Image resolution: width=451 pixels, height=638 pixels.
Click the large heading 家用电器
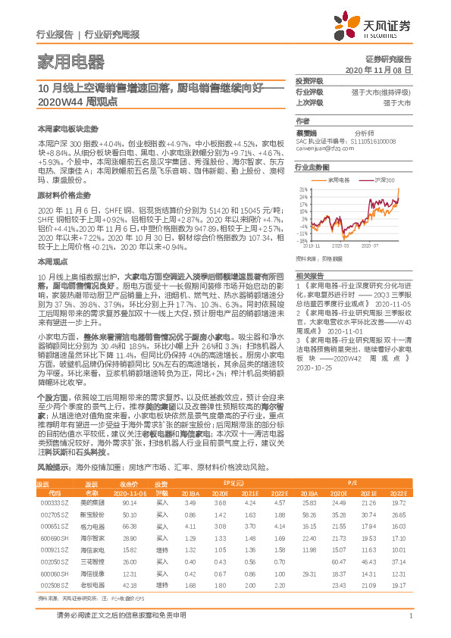tap(70, 61)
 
